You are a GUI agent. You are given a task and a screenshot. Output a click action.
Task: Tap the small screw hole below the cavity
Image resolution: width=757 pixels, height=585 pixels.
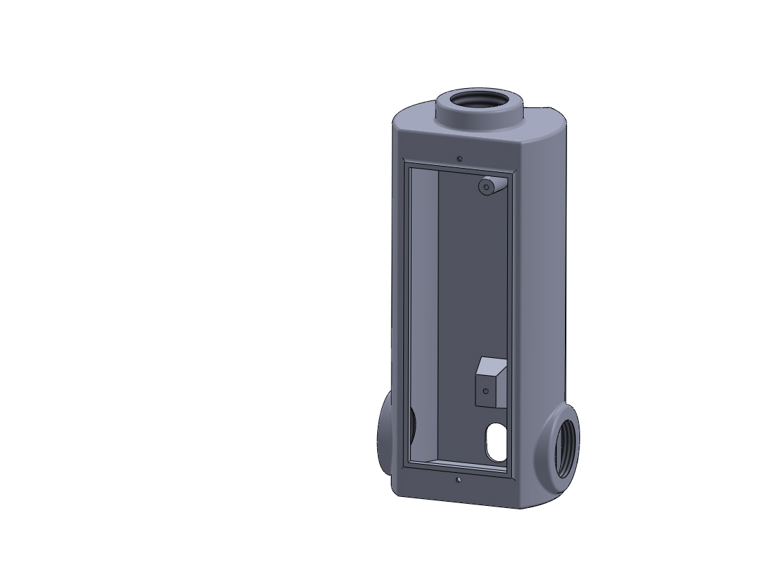click(458, 479)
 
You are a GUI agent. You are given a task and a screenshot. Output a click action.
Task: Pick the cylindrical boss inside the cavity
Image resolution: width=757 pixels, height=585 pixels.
click(488, 187)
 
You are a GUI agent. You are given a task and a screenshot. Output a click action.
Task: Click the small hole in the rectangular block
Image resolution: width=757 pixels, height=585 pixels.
click(486, 391)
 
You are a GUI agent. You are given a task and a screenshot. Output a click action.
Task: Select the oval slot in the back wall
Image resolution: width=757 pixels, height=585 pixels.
click(495, 441)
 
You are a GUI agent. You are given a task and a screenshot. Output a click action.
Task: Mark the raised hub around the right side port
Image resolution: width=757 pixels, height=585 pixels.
click(551, 440)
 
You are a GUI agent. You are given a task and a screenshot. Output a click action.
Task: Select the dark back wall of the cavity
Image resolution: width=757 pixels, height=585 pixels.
click(471, 289)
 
